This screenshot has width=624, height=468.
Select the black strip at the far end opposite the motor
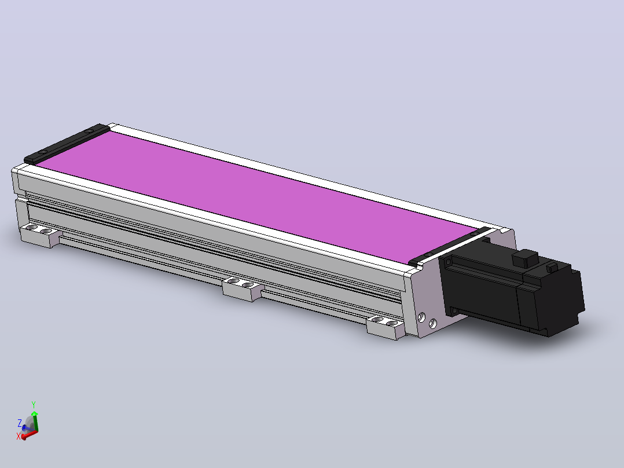tap(67, 144)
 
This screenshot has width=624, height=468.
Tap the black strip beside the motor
tap(450, 246)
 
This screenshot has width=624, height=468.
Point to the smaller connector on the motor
tap(552, 267)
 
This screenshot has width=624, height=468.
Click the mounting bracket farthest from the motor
tap(41, 235)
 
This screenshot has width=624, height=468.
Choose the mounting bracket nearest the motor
tap(386, 327)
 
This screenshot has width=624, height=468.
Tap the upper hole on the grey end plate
tap(421, 317)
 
